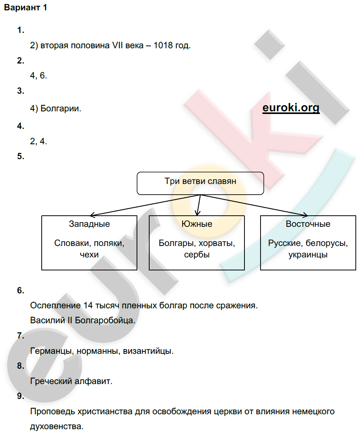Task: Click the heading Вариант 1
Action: [26, 8]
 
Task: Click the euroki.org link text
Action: [291, 107]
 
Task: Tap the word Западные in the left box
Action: [89, 224]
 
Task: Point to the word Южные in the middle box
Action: [197, 224]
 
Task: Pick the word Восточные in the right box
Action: [308, 224]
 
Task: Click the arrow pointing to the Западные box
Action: [145, 205]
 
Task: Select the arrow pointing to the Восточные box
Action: [254, 205]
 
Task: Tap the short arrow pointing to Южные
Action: [199, 205]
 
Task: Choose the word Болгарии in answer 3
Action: [61, 109]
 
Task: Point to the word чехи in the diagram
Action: [89, 254]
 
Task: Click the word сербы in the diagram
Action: [197, 254]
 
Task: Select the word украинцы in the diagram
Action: [308, 254]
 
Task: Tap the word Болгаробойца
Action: [105, 320]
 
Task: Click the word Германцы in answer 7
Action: [52, 351]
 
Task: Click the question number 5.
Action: [21, 156]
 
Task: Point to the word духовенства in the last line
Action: [57, 426]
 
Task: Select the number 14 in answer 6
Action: [88, 305]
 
